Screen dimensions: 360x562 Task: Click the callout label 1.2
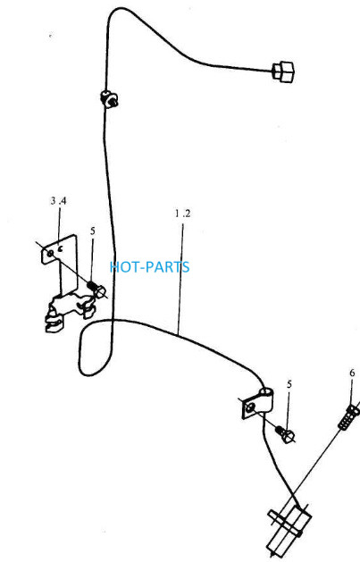tap(183, 214)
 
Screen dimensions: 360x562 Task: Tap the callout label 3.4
tap(58, 201)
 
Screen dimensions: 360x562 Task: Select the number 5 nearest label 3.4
tap(93, 231)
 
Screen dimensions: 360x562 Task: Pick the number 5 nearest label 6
tap(289, 384)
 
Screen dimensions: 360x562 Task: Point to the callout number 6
tap(352, 373)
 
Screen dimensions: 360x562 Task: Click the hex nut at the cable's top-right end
tap(283, 72)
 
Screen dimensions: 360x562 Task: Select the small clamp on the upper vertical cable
tap(109, 98)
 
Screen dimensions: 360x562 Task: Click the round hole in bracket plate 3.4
tap(51, 254)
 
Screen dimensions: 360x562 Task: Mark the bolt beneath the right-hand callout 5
tap(286, 433)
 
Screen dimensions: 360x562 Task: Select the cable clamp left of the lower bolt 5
tap(257, 403)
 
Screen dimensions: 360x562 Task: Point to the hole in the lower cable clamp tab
tap(251, 407)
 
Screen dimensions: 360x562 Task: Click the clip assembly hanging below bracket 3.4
tap(70, 311)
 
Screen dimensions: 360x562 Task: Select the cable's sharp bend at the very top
tap(114, 12)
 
